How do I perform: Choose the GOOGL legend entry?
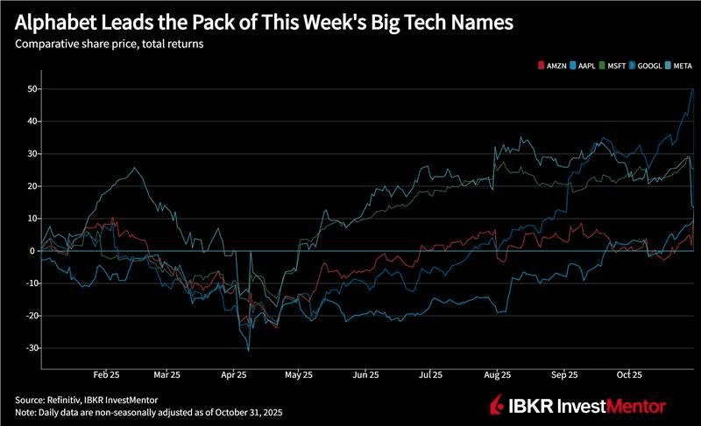click(x=648, y=66)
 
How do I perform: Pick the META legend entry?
click(x=681, y=66)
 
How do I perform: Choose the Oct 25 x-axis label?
click(x=628, y=374)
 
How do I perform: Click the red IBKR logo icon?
click(x=496, y=405)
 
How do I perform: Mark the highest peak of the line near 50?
click(x=693, y=89)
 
